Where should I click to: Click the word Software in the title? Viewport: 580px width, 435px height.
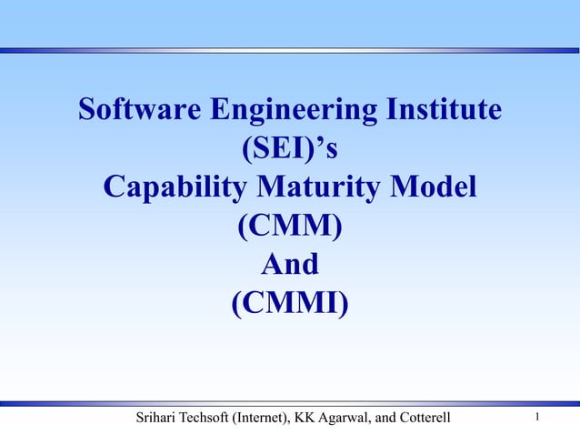pos(140,111)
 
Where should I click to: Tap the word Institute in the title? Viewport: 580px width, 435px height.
pos(440,111)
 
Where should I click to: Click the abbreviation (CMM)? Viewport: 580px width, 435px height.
pos(290,227)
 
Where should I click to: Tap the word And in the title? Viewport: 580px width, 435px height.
pos(290,265)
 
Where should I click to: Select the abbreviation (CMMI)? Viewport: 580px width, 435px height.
pos(290,303)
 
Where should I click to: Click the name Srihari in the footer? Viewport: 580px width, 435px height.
pos(157,419)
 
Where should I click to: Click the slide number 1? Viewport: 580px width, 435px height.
pos(539,418)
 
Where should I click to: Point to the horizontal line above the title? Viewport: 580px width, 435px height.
pos(290,49)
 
